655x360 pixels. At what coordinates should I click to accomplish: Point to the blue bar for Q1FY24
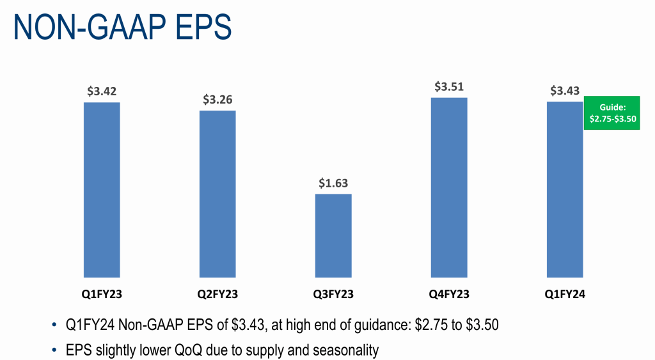click(x=565, y=189)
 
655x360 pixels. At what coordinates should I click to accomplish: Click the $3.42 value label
click(x=102, y=91)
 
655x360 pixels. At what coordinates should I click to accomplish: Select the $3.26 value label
click(x=217, y=100)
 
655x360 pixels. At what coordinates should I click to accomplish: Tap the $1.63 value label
click(x=333, y=183)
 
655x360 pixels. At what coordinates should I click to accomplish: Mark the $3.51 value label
click(x=449, y=86)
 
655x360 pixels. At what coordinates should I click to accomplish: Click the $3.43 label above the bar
click(x=565, y=90)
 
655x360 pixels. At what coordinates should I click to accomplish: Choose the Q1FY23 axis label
click(x=102, y=295)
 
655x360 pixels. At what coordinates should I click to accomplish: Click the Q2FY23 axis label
click(x=217, y=295)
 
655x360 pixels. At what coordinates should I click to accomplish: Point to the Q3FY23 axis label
click(x=333, y=295)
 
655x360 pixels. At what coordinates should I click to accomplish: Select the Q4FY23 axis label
click(x=449, y=295)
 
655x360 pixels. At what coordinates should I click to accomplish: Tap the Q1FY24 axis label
click(x=565, y=295)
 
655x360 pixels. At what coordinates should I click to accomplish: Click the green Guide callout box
click(x=612, y=113)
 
